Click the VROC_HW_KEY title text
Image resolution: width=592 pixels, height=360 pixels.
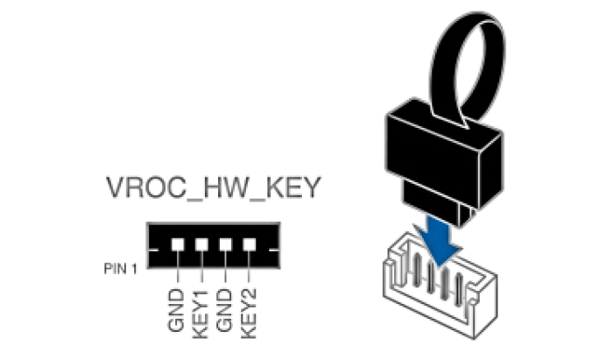[x=213, y=188]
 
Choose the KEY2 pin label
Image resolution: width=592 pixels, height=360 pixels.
[x=250, y=311]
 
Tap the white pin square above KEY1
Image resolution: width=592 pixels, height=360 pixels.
[x=201, y=244]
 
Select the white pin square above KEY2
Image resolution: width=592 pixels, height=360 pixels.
[x=250, y=244]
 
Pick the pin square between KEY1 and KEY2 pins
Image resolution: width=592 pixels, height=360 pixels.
[x=226, y=244]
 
